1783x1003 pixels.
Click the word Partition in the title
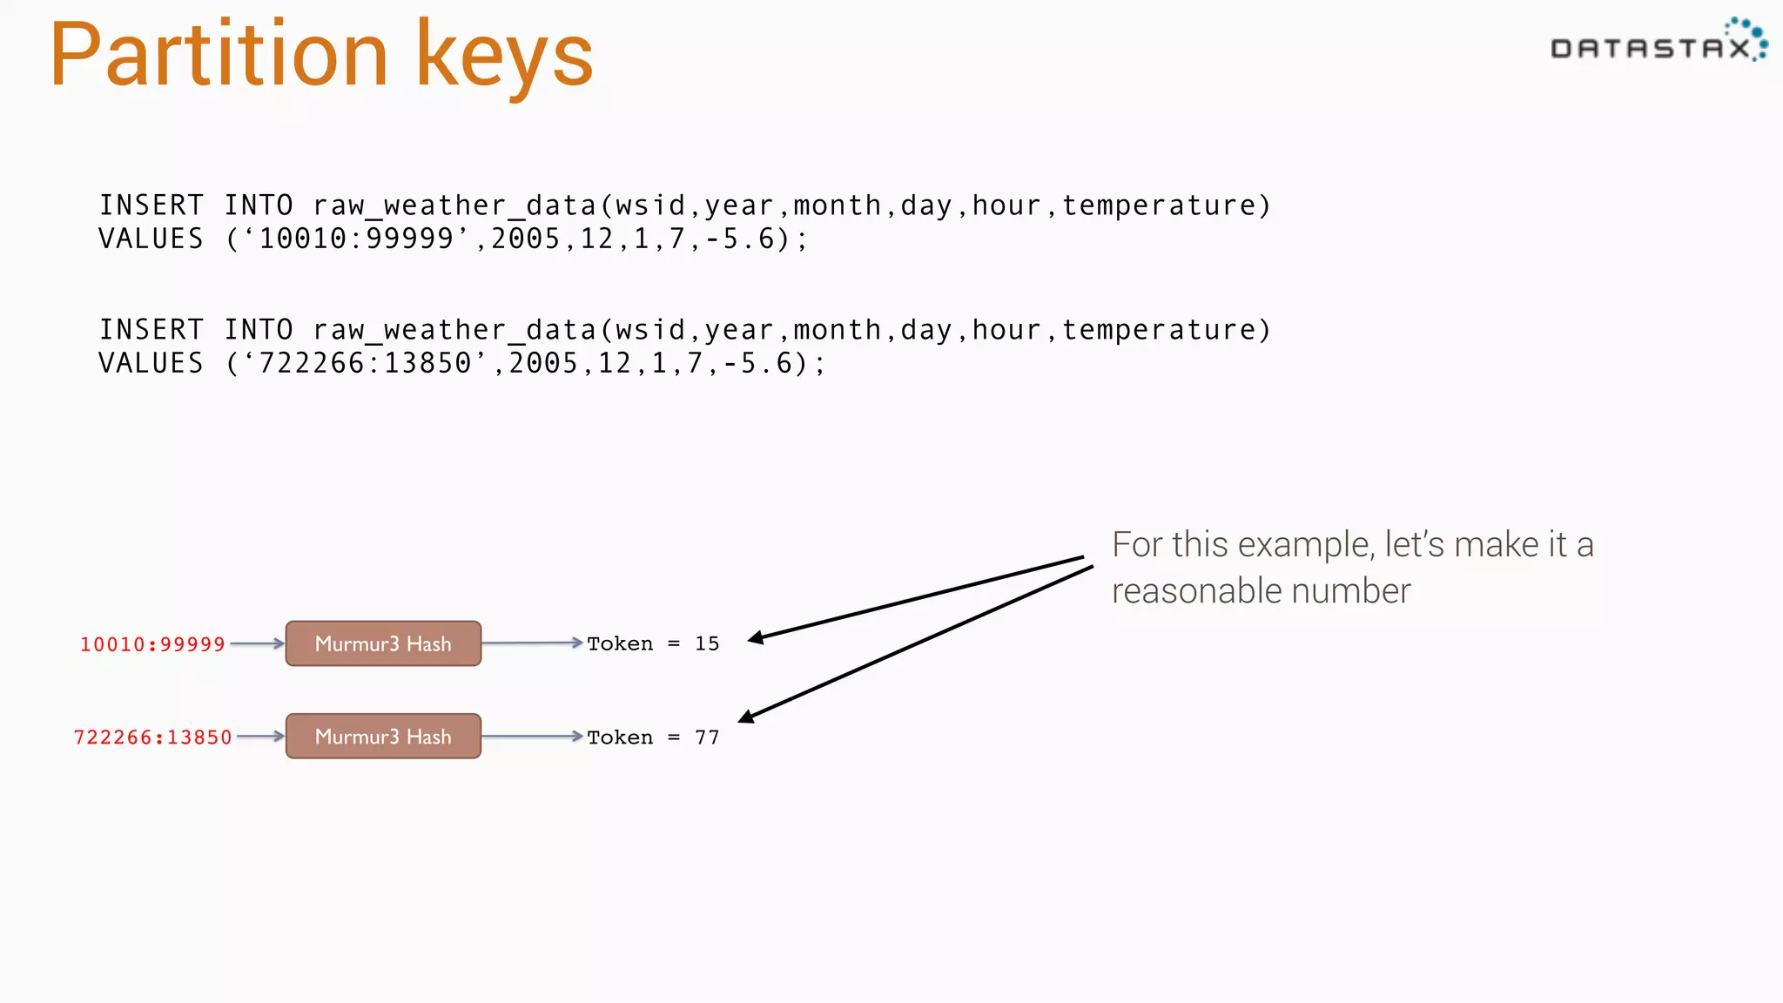(218, 56)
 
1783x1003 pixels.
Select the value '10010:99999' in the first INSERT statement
(356, 239)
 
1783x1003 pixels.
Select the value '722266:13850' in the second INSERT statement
(365, 363)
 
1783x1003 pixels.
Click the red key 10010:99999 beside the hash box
(152, 644)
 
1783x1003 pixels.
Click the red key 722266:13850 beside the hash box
(152, 737)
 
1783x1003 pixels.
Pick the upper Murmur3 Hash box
(383, 643)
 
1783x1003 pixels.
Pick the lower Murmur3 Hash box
(383, 737)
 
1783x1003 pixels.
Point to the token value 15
(707, 643)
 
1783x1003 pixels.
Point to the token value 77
(707, 737)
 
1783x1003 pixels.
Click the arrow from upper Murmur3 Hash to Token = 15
(531, 643)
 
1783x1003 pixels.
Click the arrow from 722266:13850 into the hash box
(260, 737)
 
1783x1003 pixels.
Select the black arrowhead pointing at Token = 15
(756, 638)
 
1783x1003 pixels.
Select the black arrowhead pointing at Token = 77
(746, 717)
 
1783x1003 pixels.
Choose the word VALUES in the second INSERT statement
(151, 363)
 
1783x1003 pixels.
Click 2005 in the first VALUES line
(526, 239)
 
